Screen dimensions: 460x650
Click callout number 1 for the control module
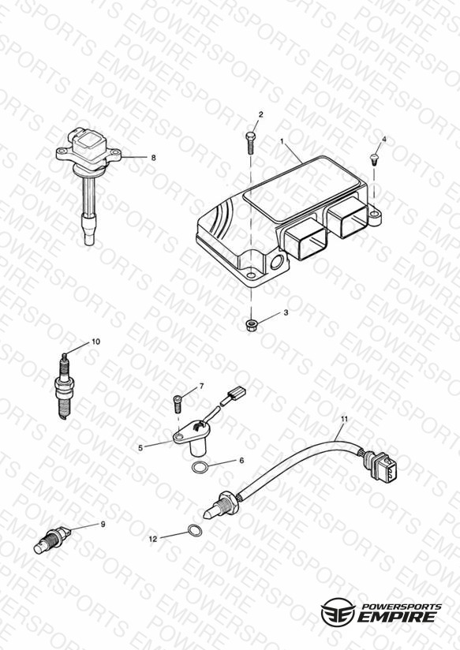click(x=282, y=141)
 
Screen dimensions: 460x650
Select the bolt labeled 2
click(x=250, y=143)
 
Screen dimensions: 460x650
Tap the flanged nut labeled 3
click(x=251, y=324)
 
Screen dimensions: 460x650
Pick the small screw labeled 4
click(x=373, y=158)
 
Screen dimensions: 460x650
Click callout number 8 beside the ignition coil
click(x=154, y=158)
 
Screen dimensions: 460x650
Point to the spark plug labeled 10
click(x=63, y=387)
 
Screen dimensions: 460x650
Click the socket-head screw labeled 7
click(x=178, y=403)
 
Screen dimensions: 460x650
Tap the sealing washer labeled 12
click(x=195, y=530)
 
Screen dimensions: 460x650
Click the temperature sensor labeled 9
click(x=52, y=540)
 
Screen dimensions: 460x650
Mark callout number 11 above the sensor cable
click(x=344, y=419)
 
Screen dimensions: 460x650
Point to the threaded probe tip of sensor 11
click(x=212, y=510)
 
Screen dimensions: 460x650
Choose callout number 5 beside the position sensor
click(x=140, y=448)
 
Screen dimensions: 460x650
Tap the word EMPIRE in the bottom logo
click(x=398, y=617)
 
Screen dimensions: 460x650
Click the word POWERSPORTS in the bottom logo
click(x=400, y=607)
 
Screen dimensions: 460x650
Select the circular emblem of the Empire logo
click(x=338, y=611)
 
